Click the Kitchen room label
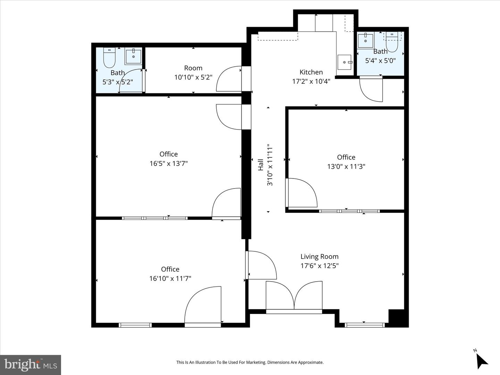311,72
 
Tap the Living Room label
319,257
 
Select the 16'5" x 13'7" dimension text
168,164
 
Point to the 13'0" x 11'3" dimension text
346,166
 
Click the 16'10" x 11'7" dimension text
170,278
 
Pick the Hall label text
261,165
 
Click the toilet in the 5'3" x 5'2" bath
109,58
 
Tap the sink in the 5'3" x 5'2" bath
133,56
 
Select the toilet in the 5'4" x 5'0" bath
392,42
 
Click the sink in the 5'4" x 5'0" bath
365,41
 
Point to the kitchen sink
344,62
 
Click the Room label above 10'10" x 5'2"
193,68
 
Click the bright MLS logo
31,365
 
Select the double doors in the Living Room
294,295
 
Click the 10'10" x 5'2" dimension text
193,77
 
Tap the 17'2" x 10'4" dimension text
311,81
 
